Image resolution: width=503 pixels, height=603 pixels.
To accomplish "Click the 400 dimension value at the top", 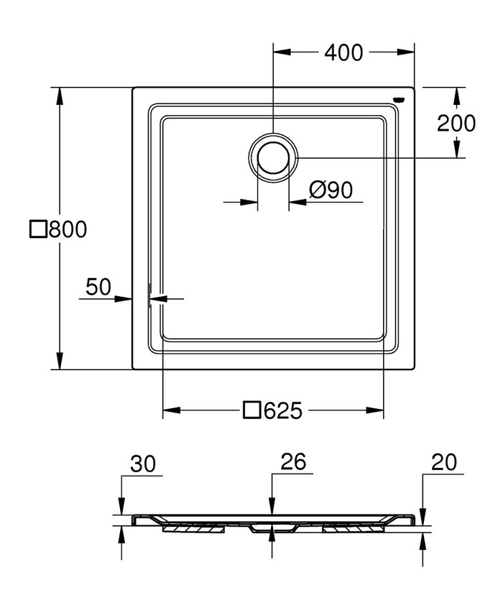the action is pos(343,52).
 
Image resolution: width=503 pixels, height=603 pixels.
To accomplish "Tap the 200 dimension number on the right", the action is pos(456,124).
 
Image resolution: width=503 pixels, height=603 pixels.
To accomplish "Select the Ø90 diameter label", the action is pos(331,190).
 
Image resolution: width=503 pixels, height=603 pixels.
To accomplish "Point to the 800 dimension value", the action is pos(68,229).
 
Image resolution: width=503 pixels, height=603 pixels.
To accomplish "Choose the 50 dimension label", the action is pos(98,287).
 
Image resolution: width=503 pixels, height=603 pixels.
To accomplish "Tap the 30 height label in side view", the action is pos(143,464).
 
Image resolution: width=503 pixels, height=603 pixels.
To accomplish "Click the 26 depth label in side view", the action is pos(293,461).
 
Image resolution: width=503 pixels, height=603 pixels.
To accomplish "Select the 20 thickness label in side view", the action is pos(444,462).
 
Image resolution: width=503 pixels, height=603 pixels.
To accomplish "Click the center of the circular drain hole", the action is pos(273,157).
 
